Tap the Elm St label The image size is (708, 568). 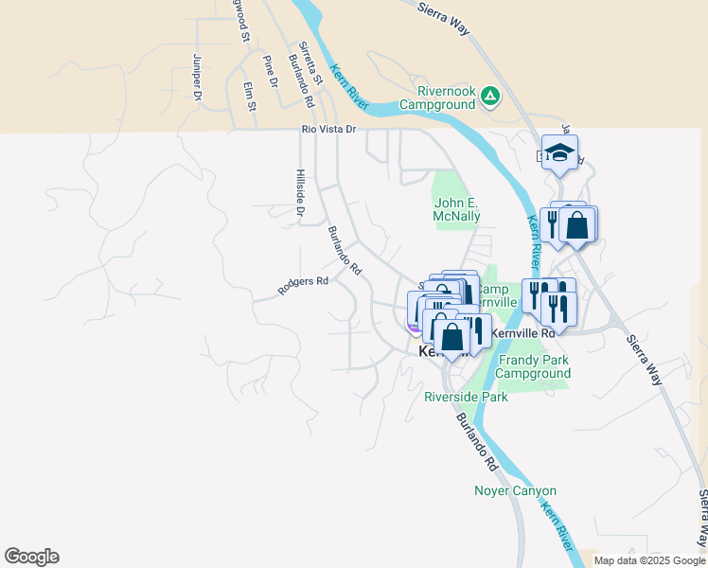pyautogui.click(x=250, y=96)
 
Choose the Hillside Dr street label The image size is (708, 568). pyautogui.click(x=299, y=192)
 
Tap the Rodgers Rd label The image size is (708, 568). pyautogui.click(x=303, y=286)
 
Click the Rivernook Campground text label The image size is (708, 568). pyautogui.click(x=436, y=98)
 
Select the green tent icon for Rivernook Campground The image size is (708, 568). pyautogui.click(x=489, y=95)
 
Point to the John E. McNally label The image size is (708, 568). pyautogui.click(x=457, y=208)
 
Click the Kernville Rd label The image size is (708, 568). pyautogui.click(x=522, y=333)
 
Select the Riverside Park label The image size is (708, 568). pyautogui.click(x=466, y=397)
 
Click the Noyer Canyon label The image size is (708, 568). pyautogui.click(x=515, y=490)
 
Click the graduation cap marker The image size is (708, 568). pyautogui.click(x=559, y=152)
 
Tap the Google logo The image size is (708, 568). pyautogui.click(x=31, y=557)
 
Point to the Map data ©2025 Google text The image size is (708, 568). pyautogui.click(x=648, y=560)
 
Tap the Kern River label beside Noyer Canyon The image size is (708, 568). pyautogui.click(x=556, y=527)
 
